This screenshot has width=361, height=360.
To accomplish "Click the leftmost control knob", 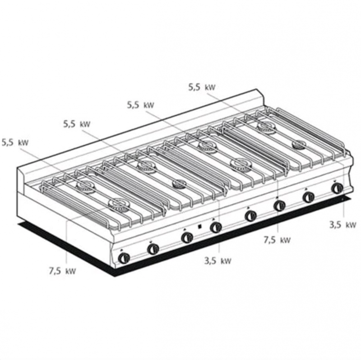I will [x=124, y=257].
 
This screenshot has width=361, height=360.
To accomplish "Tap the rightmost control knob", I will [x=337, y=188].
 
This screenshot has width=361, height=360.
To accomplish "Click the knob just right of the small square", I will [x=216, y=227].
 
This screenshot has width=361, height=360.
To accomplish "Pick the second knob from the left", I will [x=153, y=248].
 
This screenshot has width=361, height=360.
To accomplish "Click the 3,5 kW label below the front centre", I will [x=218, y=261].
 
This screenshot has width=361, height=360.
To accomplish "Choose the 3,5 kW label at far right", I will [x=343, y=224].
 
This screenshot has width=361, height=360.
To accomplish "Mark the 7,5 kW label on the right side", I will [x=277, y=240].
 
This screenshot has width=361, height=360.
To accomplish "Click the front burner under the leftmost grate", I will [x=119, y=205].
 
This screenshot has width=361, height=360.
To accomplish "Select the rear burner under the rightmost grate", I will [x=267, y=127].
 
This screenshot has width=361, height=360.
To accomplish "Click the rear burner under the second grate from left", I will [x=147, y=165].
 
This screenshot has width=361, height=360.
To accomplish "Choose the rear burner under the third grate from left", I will [x=207, y=146].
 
